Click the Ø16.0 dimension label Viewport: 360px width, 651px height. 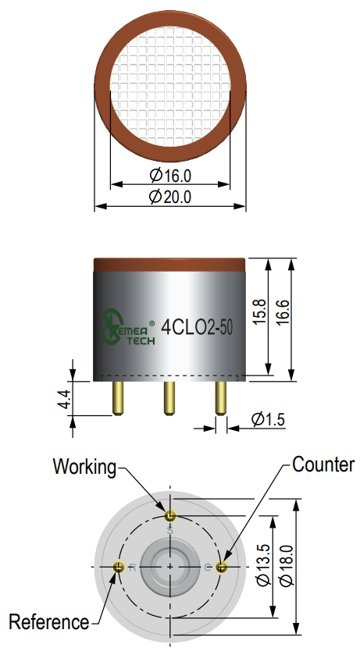point(170,176)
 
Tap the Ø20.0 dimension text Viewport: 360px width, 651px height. point(170,197)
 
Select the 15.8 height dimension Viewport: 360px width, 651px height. point(259,311)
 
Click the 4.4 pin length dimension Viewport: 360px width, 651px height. point(65,399)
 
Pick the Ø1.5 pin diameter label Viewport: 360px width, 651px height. point(268,419)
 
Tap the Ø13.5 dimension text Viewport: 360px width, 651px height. point(264,565)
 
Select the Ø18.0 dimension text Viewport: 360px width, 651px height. point(287,565)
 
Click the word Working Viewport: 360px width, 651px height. point(84,467)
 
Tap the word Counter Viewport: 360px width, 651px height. point(323,464)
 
